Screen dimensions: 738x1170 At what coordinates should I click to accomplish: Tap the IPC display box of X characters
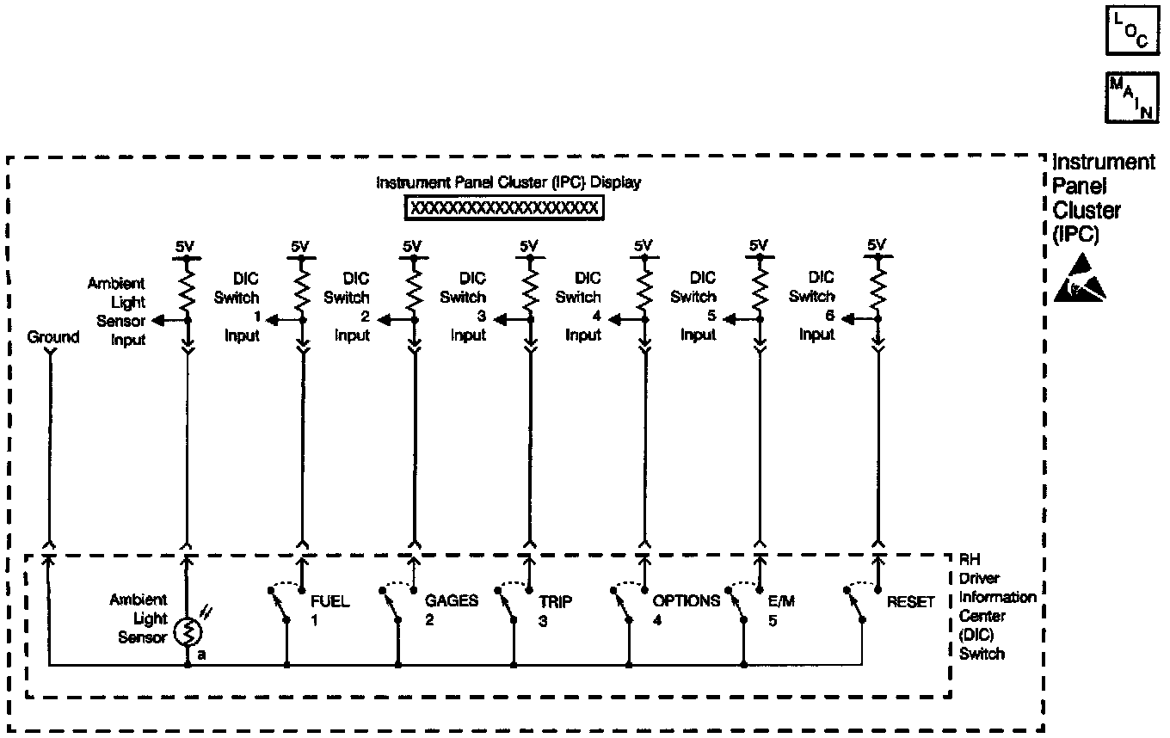pos(504,208)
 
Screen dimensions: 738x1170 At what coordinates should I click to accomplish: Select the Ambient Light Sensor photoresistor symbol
pos(188,633)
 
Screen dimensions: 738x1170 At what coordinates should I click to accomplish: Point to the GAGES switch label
pos(451,601)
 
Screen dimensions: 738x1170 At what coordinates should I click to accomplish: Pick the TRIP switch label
pos(555,601)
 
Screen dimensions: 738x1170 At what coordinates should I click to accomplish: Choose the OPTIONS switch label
pos(686,601)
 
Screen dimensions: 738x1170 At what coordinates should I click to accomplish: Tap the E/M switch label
pos(781,601)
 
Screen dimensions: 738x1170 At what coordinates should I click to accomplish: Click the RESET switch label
pos(910,602)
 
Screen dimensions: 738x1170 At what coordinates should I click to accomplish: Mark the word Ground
pos(53,337)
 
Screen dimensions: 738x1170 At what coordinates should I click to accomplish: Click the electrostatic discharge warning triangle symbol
pos(1080,279)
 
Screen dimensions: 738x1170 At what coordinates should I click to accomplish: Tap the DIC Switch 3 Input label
pos(468,306)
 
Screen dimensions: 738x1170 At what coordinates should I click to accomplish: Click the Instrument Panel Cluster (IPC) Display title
pos(508,183)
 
